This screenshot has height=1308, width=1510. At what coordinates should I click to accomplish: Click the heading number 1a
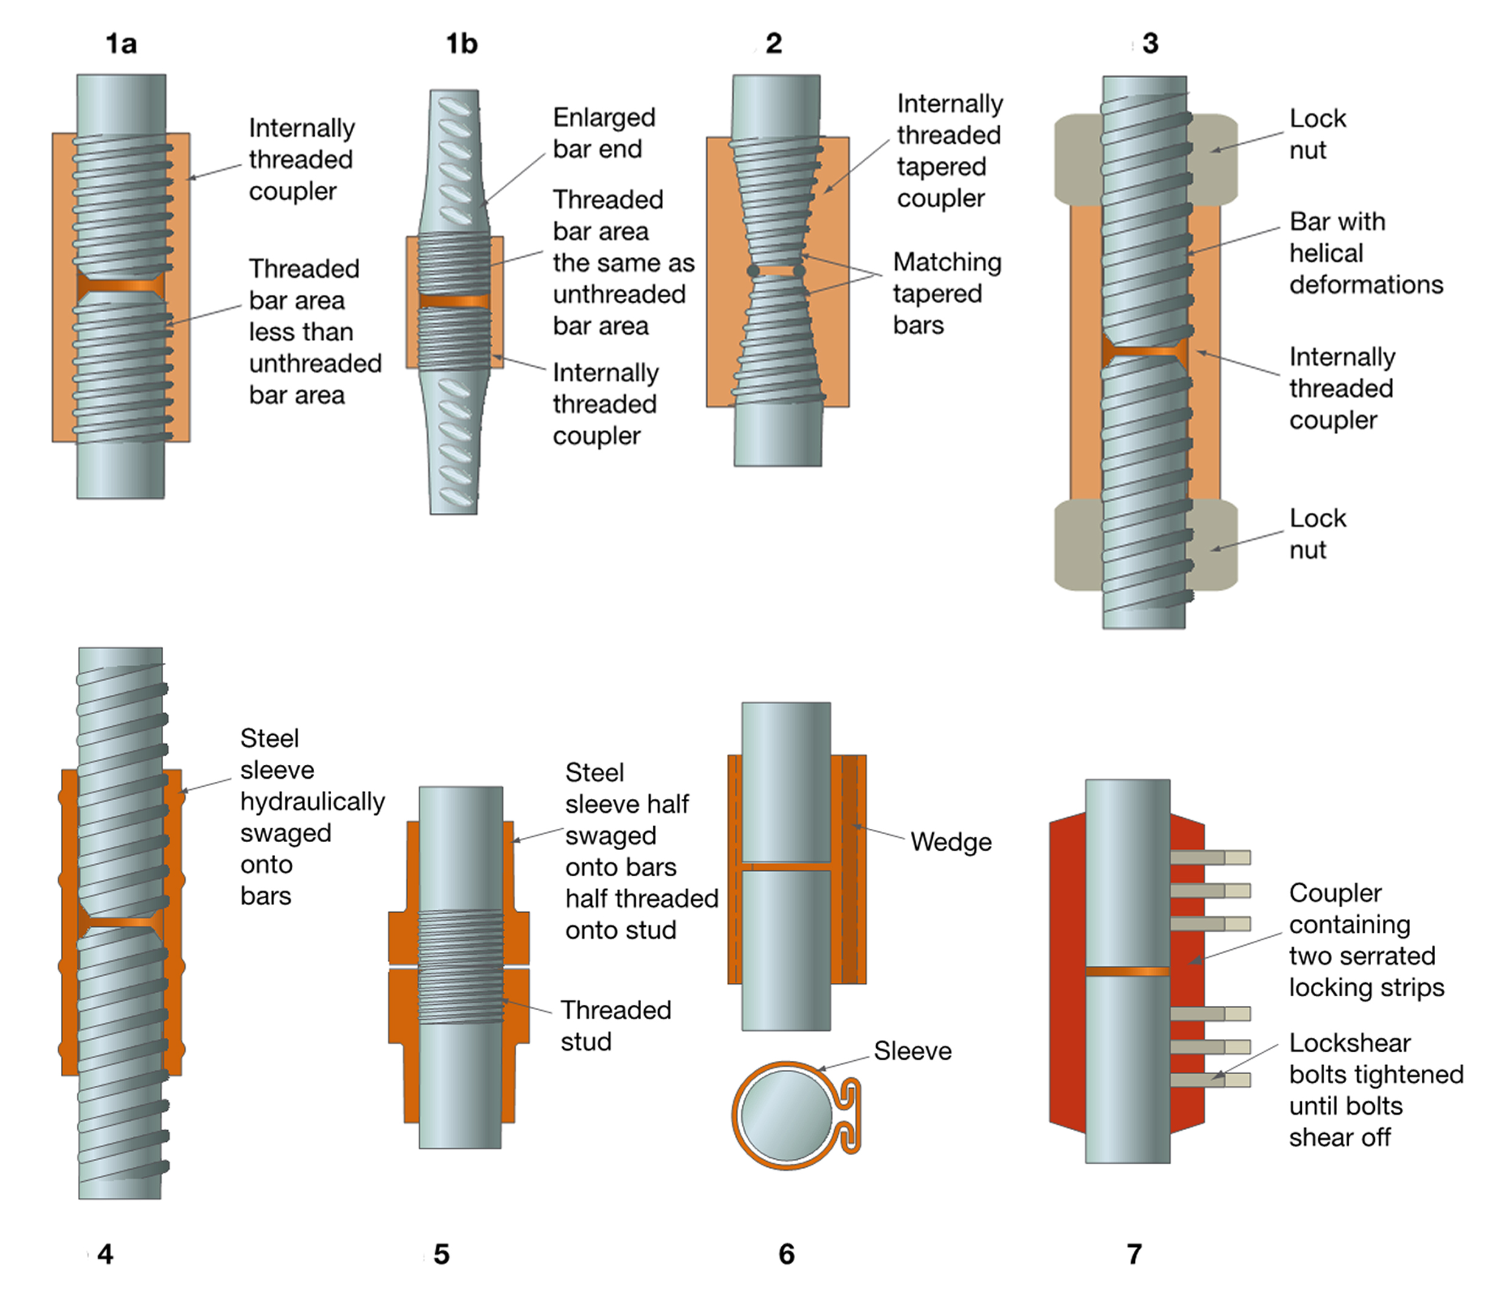pos(121,44)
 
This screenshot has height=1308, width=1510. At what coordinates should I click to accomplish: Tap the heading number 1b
pos(462,44)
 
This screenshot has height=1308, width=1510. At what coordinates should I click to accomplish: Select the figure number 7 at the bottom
pos(1133,1254)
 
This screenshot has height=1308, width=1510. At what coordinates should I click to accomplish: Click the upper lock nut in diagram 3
pos(1215,158)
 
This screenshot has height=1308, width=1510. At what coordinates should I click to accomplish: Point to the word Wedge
pos(951,842)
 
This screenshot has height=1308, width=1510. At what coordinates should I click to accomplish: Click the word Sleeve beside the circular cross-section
pos(912,1051)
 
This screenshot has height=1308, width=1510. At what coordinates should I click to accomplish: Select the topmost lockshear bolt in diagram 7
pos(1210,857)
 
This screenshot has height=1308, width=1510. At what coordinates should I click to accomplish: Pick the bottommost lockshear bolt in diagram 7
pos(1210,1080)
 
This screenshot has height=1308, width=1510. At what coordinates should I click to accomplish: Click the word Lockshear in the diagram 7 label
pos(1349,1043)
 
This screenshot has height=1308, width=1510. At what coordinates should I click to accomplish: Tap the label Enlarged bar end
pos(603,133)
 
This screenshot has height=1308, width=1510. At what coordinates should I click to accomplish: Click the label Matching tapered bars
pos(947,294)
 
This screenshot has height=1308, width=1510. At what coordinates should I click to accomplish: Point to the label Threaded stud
pos(615,1025)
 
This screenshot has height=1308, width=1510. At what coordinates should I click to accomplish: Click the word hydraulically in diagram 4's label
pos(312,801)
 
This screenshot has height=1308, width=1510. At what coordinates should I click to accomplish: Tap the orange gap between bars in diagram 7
pos(1127,971)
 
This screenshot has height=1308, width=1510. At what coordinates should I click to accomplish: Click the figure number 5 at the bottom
pos(441,1254)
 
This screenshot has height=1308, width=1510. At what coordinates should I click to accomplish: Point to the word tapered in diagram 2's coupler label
pos(941,167)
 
